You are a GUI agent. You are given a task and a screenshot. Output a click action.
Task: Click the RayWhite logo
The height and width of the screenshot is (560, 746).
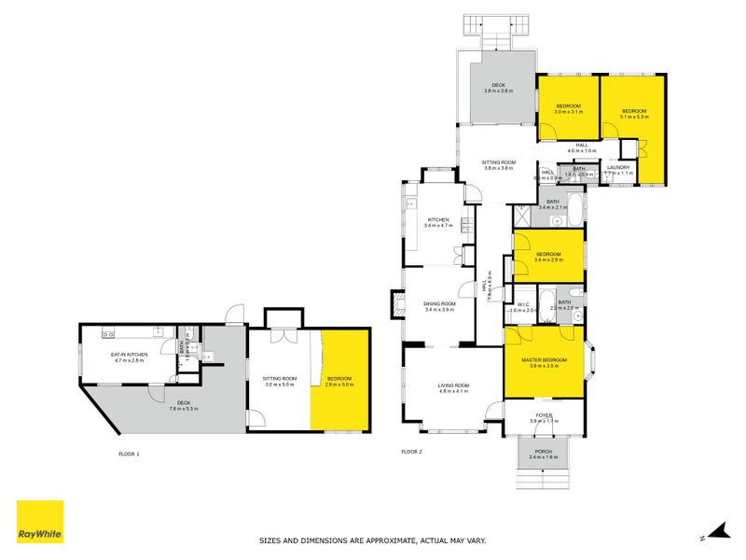[40, 522]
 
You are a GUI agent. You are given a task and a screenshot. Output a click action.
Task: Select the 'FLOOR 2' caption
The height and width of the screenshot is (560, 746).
[411, 452]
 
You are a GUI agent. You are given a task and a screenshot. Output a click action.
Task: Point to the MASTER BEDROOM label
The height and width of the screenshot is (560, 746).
[544, 362]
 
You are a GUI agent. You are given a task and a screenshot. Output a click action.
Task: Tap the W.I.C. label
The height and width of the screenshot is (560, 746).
[523, 305]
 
